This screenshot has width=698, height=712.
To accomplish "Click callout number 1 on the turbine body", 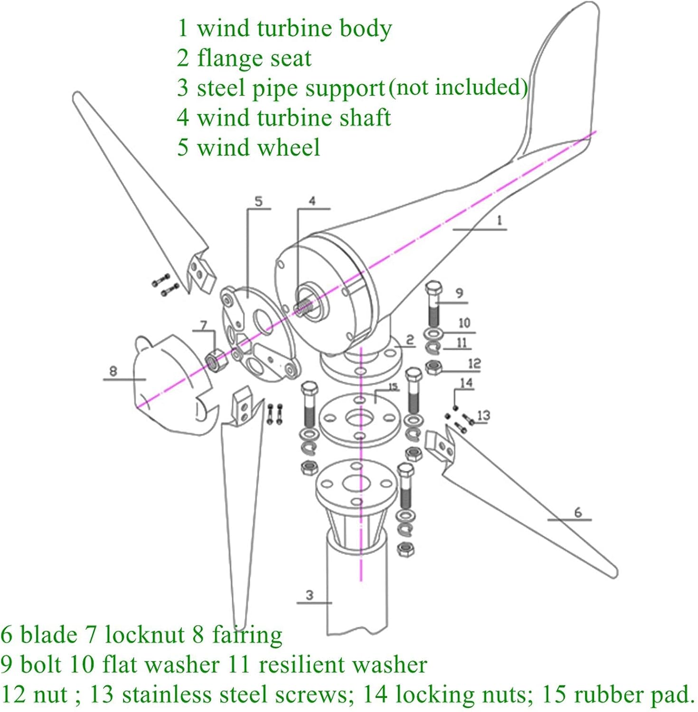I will tap(499, 221).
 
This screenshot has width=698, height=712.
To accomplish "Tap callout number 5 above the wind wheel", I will tap(258, 201).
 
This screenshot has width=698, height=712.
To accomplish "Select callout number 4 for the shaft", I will tap(312, 201).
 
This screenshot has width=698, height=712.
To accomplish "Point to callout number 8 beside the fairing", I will tap(113, 371).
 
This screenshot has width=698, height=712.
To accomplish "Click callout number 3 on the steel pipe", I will tap(310, 595).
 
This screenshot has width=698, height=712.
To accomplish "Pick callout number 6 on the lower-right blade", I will tap(577, 512).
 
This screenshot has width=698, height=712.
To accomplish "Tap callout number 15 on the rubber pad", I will tap(393, 387).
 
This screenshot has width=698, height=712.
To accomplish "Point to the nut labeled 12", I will tap(434, 367).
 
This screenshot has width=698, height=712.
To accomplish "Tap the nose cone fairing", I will tap(166, 384).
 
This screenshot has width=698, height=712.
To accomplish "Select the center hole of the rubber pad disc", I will tap(360, 418).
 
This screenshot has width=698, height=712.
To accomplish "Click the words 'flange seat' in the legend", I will tap(254, 58).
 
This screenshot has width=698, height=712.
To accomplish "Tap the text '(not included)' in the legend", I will tap(458, 87).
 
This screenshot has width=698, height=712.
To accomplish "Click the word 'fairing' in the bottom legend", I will tap(247, 635).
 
